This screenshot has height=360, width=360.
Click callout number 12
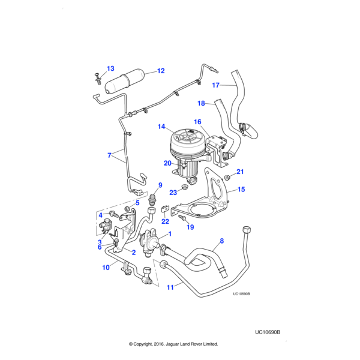pyautogui.click(x=161, y=71)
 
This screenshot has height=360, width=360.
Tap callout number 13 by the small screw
pyautogui.click(x=110, y=68)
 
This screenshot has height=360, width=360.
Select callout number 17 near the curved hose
pyautogui.click(x=216, y=85)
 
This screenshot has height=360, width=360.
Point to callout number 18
pyautogui.click(x=202, y=103)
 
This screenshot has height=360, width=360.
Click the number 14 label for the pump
pyautogui.click(x=161, y=127)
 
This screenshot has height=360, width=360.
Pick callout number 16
pyautogui.click(x=197, y=122)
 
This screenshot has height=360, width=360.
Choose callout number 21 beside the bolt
pyautogui.click(x=240, y=172)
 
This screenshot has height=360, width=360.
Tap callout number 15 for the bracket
pyautogui.click(x=241, y=190)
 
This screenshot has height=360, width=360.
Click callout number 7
pyautogui.click(x=110, y=155)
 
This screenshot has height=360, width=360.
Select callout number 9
pyautogui.click(x=160, y=185)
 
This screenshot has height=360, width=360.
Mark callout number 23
pyautogui.click(x=173, y=192)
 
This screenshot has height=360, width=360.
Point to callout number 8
pyautogui.click(x=221, y=241)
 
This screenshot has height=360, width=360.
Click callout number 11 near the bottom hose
pyautogui.click(x=170, y=287)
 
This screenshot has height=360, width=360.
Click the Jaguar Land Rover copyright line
pyautogui.click(x=173, y=344)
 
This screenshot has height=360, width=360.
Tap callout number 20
pyautogui.click(x=167, y=163)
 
